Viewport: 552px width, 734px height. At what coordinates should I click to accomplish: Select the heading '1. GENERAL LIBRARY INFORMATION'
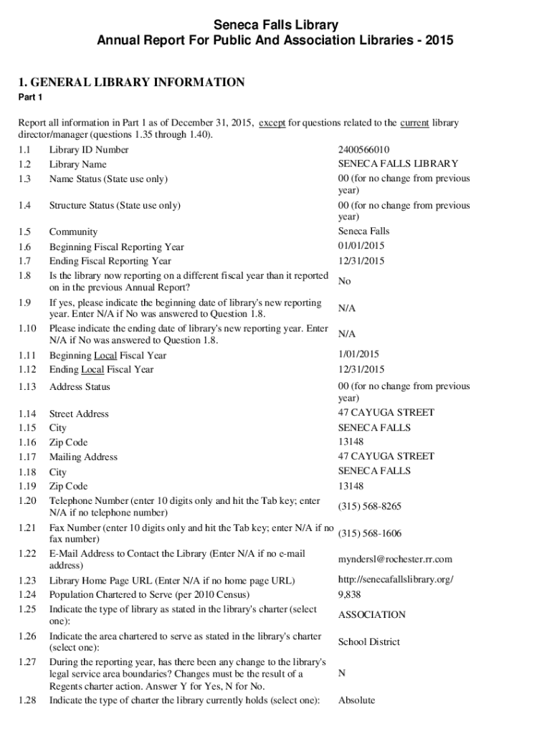(132, 82)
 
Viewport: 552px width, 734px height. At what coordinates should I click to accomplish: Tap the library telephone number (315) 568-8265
(369, 507)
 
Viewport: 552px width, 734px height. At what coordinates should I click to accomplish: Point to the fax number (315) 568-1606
(369, 534)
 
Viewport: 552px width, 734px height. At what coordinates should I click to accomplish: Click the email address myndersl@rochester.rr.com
(395, 559)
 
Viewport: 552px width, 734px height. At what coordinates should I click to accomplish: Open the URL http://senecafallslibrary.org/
(396, 579)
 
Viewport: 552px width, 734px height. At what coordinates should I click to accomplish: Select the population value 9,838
(350, 594)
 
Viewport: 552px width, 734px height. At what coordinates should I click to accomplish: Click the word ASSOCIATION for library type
(371, 615)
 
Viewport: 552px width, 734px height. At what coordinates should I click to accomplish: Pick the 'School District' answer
(368, 642)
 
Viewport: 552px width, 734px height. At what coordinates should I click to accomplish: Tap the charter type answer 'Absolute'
(356, 700)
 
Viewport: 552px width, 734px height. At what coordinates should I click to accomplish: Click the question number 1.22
(27, 553)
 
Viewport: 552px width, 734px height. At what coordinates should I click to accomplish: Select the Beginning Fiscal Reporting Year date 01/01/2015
(361, 246)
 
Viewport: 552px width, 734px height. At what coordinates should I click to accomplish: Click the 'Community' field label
(73, 232)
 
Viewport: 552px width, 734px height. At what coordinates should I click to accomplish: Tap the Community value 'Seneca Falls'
(363, 232)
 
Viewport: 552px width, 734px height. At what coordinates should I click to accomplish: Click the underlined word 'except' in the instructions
(272, 123)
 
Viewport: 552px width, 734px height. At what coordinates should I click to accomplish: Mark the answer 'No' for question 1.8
(345, 282)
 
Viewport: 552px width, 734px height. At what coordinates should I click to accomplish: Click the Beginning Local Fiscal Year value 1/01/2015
(358, 354)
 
